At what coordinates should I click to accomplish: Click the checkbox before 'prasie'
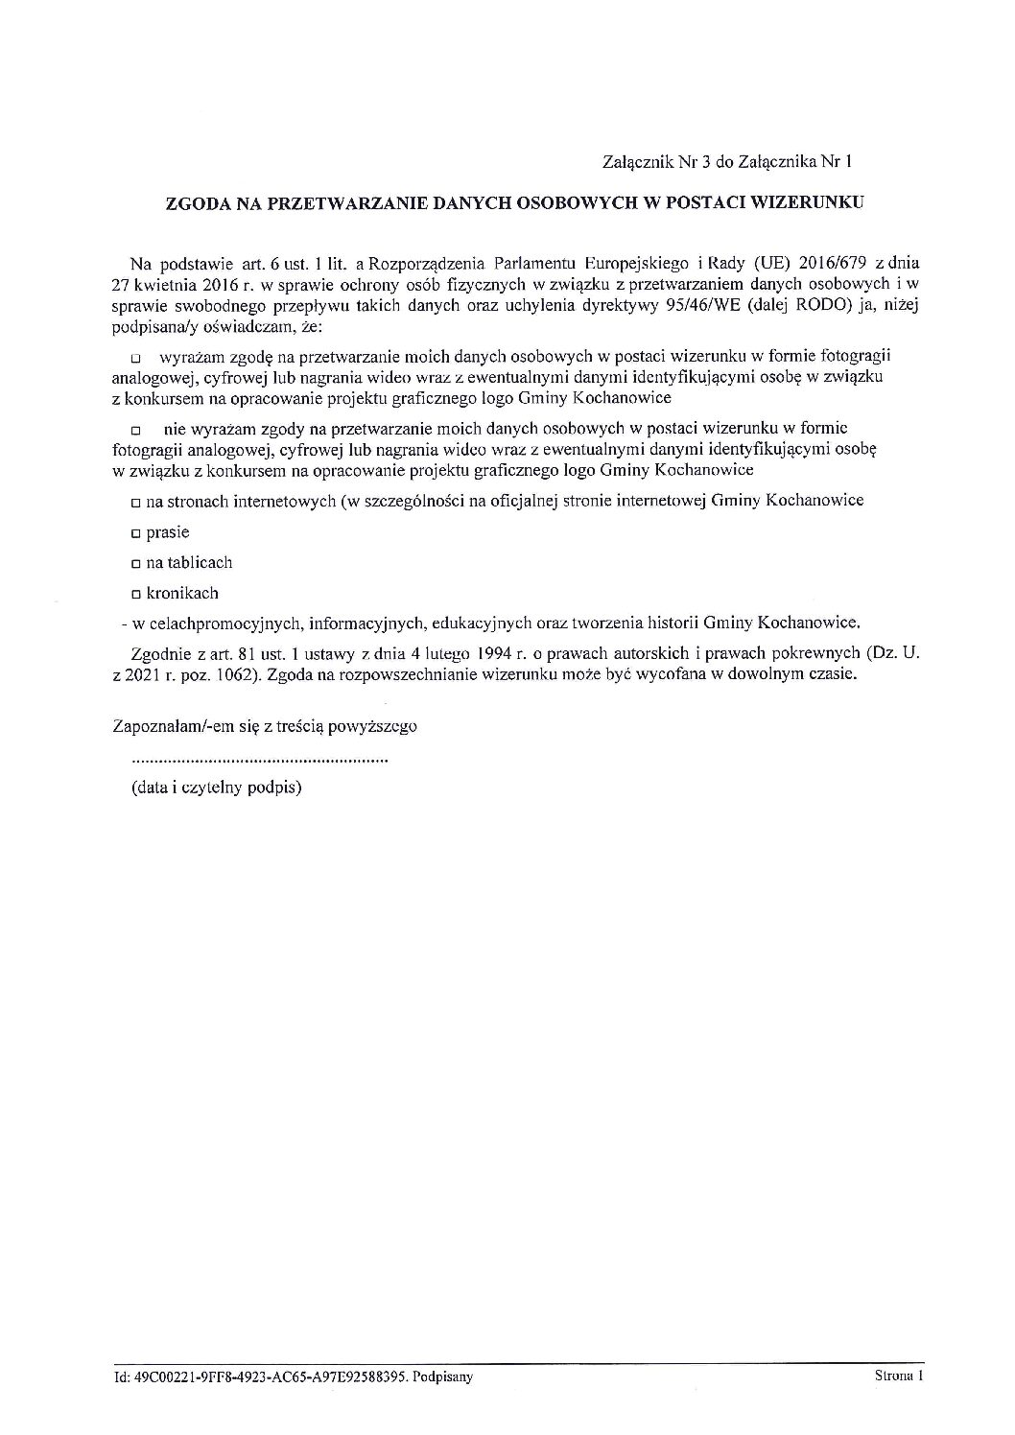pos(136,533)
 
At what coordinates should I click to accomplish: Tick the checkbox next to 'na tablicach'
pos(136,564)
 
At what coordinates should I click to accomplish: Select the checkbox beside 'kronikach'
pos(136,595)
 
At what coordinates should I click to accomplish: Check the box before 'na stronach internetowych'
pos(136,503)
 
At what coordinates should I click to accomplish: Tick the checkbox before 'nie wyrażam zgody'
pos(136,429)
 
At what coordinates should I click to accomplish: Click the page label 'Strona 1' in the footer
pos(898,1376)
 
